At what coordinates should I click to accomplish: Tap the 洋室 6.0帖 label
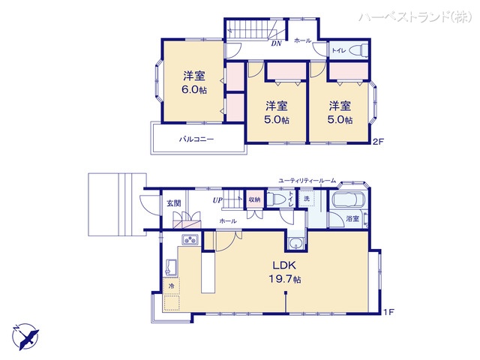(194, 82)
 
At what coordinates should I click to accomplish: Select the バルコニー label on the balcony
(196, 139)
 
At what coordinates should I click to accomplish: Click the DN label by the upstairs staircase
(275, 43)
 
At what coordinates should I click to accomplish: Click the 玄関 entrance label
(174, 202)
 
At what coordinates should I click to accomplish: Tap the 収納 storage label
(254, 200)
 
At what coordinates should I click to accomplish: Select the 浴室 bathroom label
(352, 219)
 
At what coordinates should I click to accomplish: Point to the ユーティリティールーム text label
(306, 181)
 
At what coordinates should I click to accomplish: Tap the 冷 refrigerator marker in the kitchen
(171, 286)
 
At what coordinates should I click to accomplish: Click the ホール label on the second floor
(302, 40)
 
